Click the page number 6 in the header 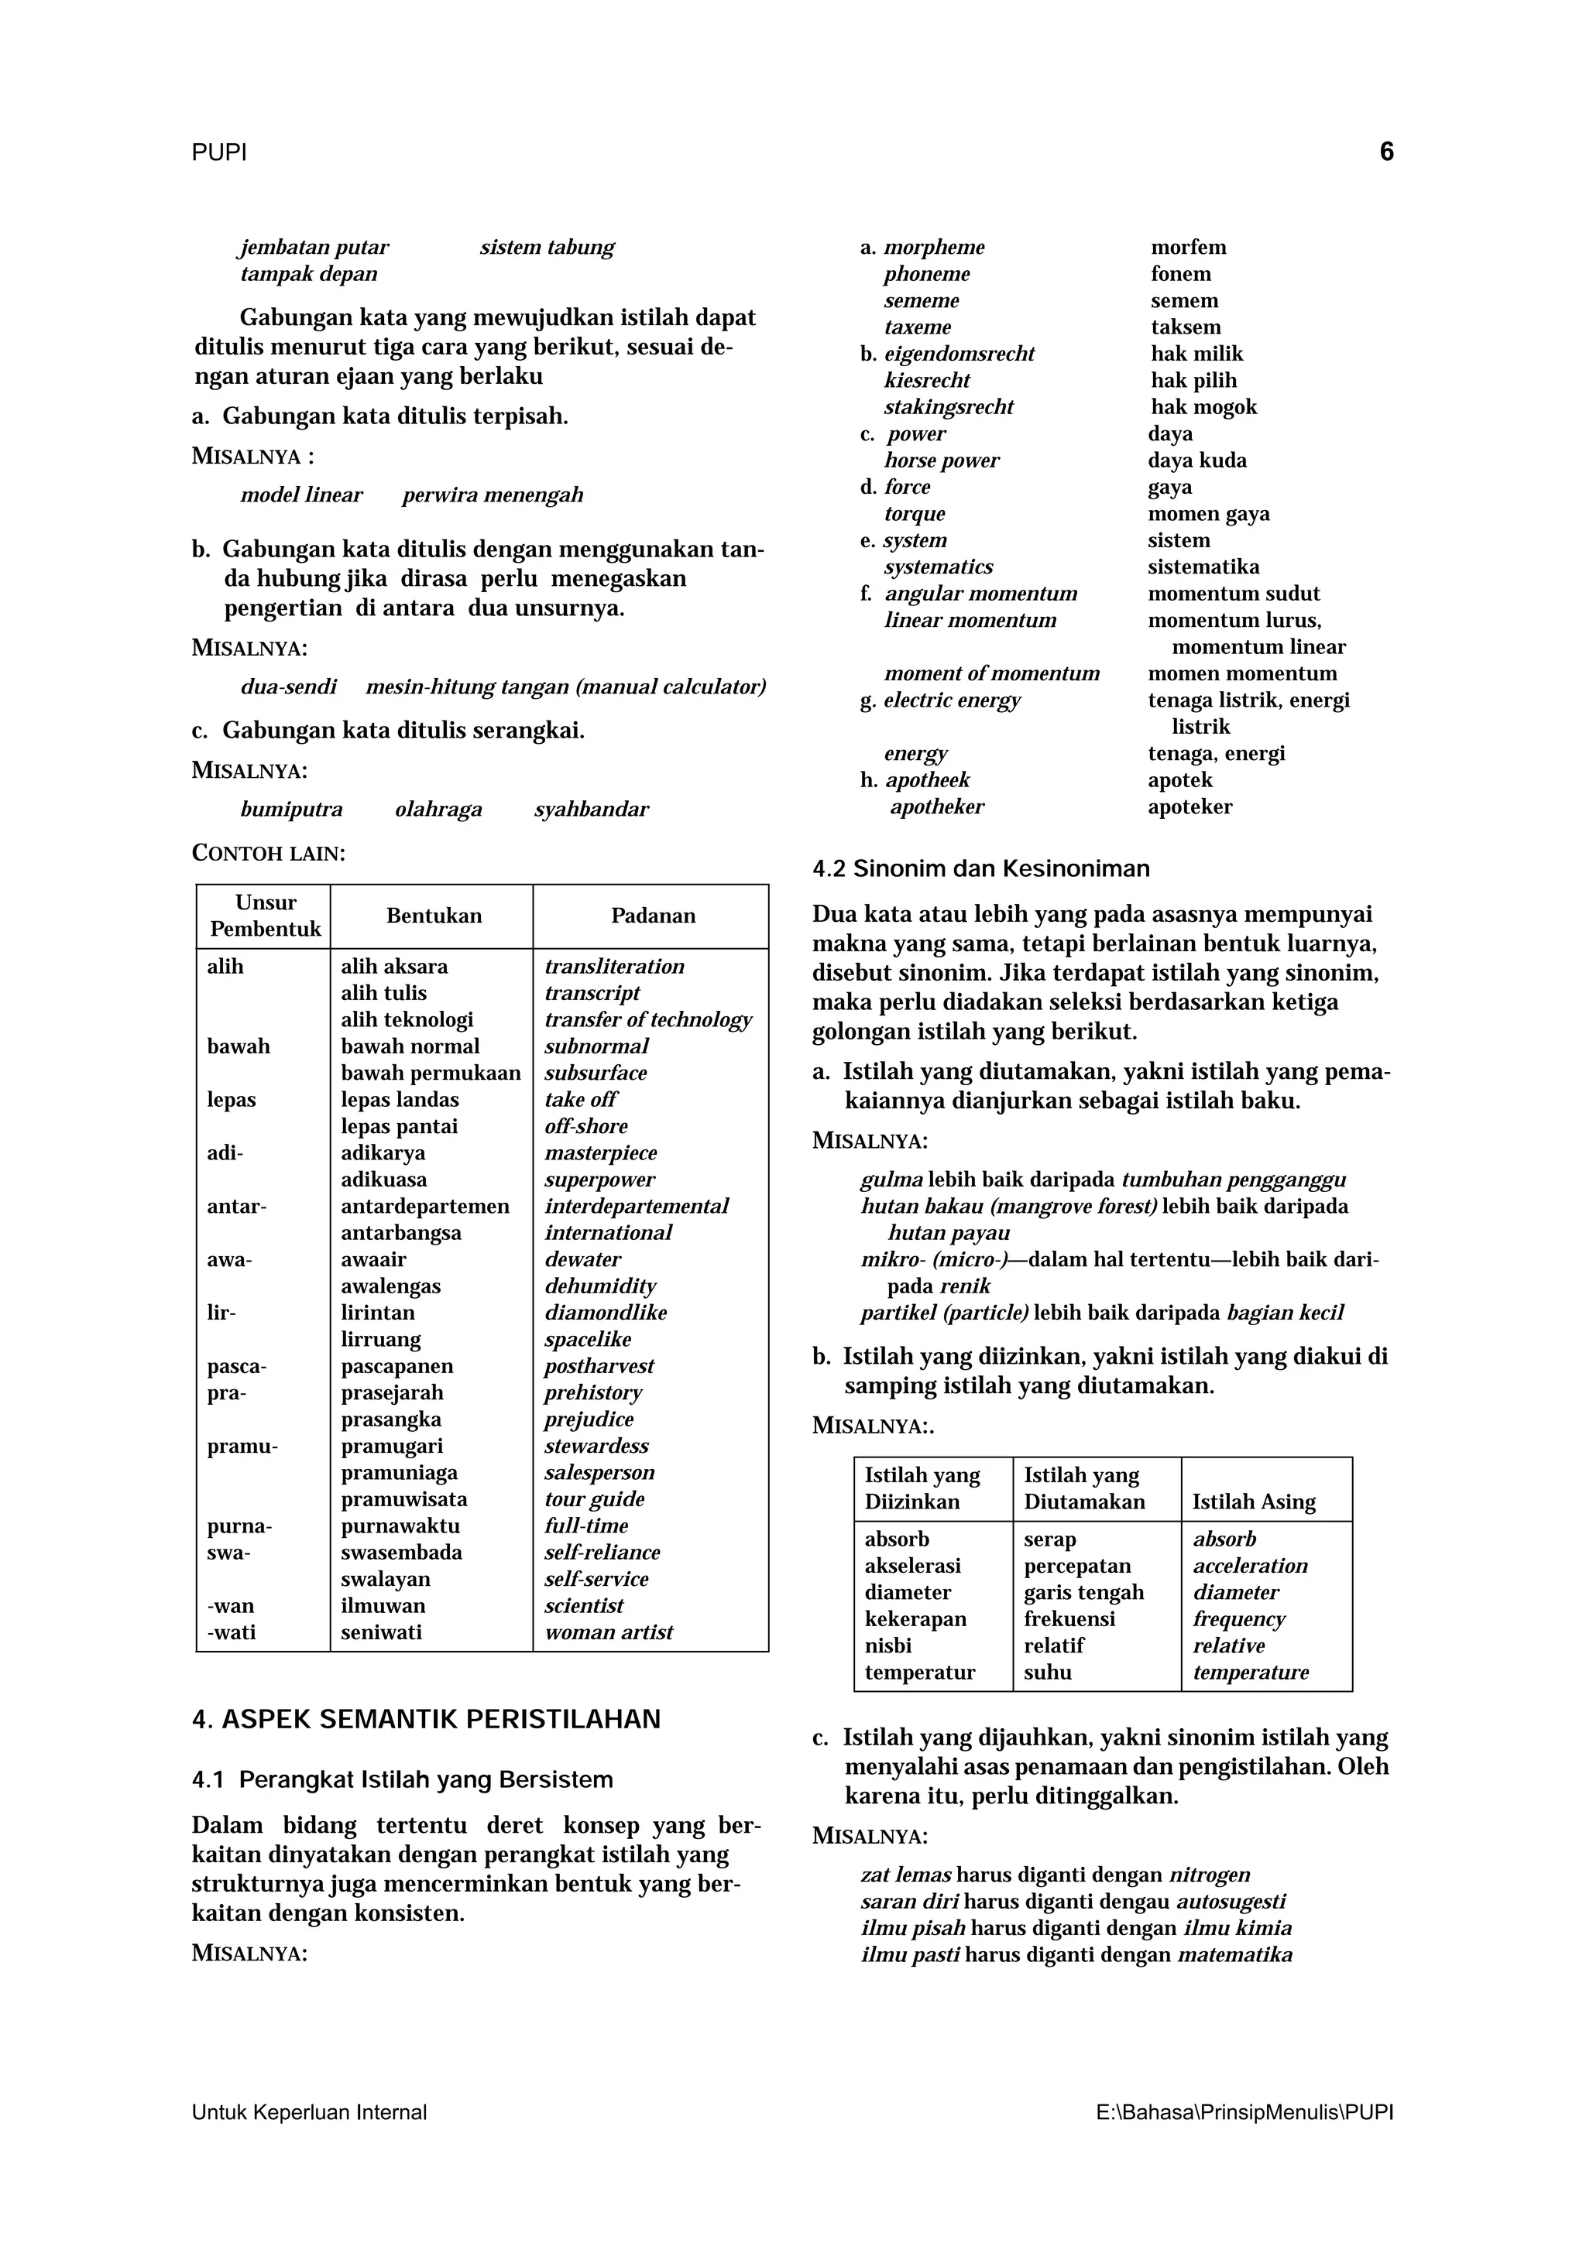point(1385,152)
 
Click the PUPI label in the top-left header point(220,153)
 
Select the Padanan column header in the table point(653,916)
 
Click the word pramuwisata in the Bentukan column point(403,1499)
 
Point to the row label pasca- point(236,1367)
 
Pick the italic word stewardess point(596,1447)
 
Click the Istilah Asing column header point(1254,1502)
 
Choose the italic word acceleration point(1250,1566)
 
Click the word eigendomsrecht point(959,354)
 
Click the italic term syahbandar point(591,810)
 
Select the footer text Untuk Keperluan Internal point(309,2113)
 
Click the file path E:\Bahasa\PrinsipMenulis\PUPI point(1244,2113)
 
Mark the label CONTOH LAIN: point(269,854)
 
